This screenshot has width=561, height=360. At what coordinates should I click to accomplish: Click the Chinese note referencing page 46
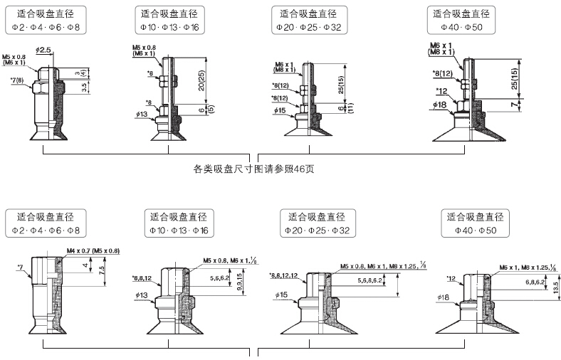click(254, 169)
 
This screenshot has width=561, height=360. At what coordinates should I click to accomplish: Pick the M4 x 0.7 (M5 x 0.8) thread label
click(93, 250)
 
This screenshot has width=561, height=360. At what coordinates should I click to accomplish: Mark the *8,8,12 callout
click(145, 279)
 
